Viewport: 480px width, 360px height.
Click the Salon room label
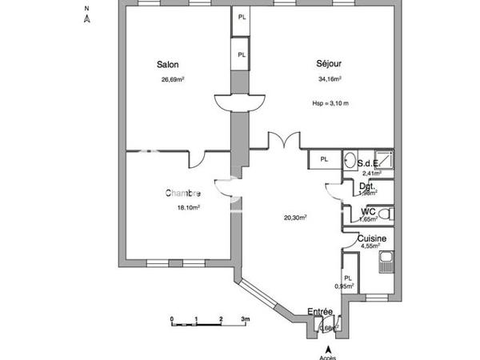click(168, 65)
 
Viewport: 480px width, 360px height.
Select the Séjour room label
click(330, 65)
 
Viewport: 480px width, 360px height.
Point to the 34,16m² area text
click(330, 79)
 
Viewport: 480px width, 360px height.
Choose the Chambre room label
click(182, 193)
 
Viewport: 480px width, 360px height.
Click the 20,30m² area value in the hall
click(296, 216)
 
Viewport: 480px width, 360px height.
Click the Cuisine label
click(373, 238)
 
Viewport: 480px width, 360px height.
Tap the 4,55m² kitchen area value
click(371, 248)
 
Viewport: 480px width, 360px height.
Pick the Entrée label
click(321, 312)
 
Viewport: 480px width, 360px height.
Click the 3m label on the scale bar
click(246, 318)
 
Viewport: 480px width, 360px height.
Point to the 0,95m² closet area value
click(344, 286)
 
